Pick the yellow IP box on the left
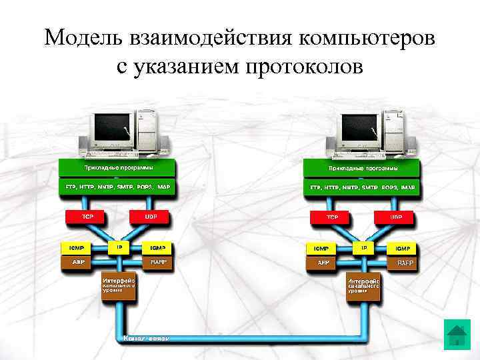(x=119, y=247)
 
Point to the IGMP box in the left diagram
(x=158, y=248)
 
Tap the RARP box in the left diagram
(x=158, y=263)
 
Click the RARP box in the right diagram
(x=405, y=263)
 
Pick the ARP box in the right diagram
(x=323, y=263)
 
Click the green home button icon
(x=457, y=335)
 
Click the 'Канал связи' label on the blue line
(x=147, y=339)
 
